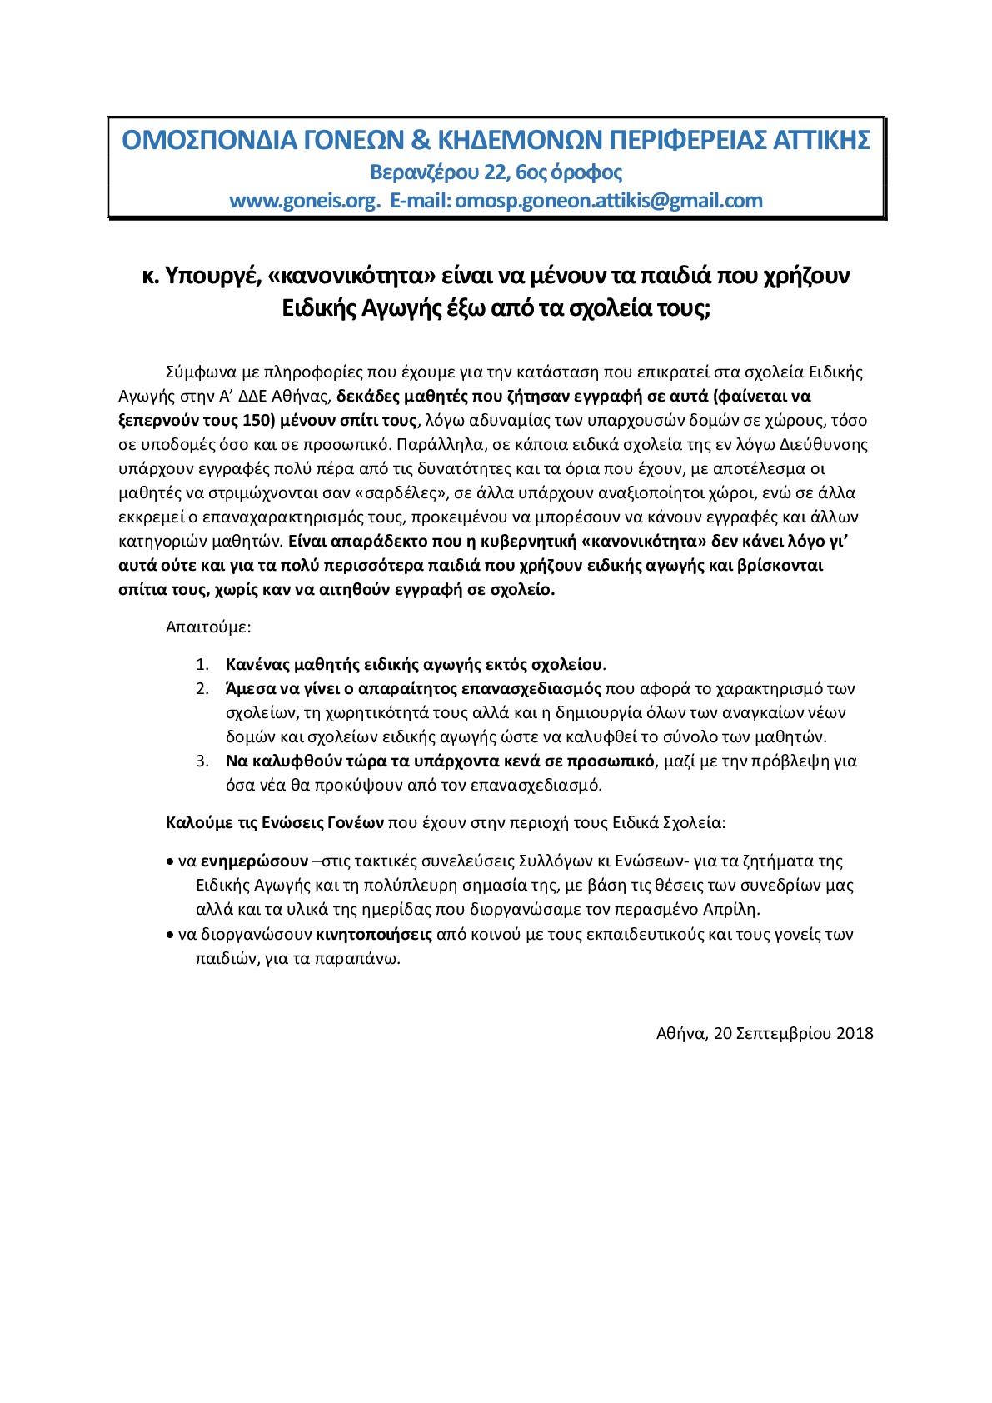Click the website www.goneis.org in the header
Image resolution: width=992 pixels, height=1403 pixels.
tap(305, 201)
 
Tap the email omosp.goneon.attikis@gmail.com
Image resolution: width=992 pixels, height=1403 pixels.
tap(609, 201)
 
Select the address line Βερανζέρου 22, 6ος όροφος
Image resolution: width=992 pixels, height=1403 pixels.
tap(496, 172)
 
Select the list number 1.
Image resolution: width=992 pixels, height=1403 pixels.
tap(202, 665)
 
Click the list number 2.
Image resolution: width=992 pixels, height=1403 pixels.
tap(202, 689)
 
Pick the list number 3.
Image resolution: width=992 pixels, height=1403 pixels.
tap(202, 761)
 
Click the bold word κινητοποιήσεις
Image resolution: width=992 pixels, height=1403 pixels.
tap(374, 934)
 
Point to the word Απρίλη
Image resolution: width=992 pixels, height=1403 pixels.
tap(732, 910)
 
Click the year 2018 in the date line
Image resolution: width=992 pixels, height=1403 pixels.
tap(855, 1034)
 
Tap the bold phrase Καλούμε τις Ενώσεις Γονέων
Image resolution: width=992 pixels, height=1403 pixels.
tap(274, 823)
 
